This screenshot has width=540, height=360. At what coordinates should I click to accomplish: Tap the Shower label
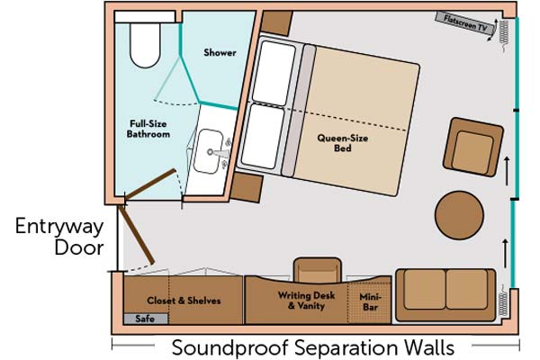(220, 53)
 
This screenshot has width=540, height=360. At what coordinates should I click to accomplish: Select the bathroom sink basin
(209, 151)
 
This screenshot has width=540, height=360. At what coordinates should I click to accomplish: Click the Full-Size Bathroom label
(148, 129)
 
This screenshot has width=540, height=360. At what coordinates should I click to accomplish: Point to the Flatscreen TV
(465, 22)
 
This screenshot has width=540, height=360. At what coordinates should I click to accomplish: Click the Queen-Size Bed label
(343, 143)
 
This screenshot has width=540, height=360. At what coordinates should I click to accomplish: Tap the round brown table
(459, 215)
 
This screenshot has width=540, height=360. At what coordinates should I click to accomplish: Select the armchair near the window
(473, 147)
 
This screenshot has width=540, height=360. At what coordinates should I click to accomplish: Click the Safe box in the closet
(146, 319)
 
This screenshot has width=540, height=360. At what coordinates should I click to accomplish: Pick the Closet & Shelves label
(184, 301)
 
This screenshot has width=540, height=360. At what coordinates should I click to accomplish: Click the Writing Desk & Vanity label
(307, 301)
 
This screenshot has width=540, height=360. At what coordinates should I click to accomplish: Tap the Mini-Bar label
(370, 301)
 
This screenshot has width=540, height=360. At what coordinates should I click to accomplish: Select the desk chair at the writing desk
(317, 270)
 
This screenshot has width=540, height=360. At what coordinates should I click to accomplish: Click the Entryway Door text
(59, 237)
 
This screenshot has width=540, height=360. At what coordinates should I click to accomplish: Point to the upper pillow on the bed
(274, 74)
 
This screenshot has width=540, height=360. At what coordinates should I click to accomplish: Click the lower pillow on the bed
(263, 137)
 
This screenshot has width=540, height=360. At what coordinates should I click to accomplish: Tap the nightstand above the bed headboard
(276, 22)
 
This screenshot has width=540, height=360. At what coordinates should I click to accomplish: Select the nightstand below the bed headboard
(247, 187)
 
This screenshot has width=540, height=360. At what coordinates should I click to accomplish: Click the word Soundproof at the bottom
(229, 347)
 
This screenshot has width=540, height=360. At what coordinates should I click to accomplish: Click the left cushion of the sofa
(425, 290)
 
